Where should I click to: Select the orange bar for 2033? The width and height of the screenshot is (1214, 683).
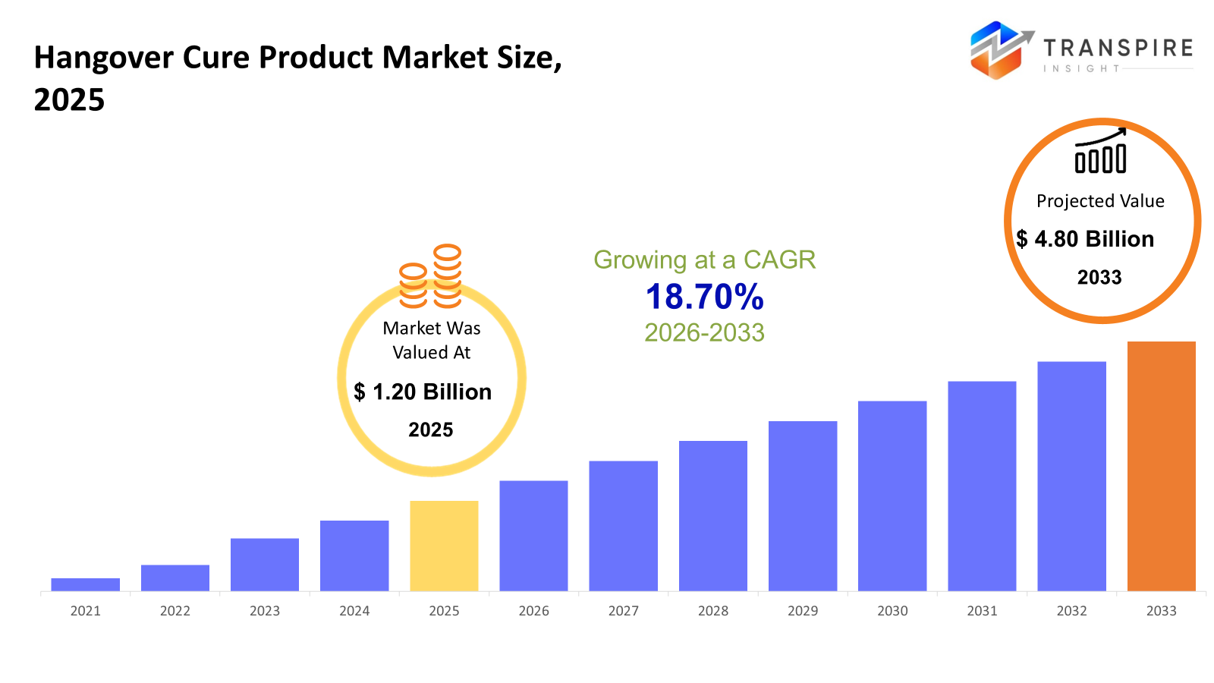click(1161, 466)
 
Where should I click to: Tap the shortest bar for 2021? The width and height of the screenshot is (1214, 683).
click(85, 584)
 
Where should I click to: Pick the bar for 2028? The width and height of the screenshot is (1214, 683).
click(712, 515)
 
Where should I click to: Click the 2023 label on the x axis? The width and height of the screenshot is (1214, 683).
click(265, 611)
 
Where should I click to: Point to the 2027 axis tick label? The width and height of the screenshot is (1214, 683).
click(623, 611)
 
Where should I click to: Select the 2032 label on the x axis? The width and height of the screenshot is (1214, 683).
click(1071, 611)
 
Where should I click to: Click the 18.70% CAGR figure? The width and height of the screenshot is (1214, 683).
click(704, 297)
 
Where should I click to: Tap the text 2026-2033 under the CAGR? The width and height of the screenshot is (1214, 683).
click(704, 332)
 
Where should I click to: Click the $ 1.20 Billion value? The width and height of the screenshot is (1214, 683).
click(423, 392)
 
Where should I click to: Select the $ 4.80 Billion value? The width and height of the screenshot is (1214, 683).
click(1085, 239)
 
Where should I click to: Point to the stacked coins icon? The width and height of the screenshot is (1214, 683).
click(431, 276)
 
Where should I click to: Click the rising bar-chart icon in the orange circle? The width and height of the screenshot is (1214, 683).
click(1100, 151)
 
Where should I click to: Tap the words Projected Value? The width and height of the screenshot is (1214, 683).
click(1100, 201)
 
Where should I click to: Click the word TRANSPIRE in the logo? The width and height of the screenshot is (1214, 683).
click(1118, 48)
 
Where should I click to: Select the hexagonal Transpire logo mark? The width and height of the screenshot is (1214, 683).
click(997, 50)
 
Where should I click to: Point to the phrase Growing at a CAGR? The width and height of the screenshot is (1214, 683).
click(704, 260)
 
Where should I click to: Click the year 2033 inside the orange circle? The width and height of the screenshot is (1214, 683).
click(1099, 278)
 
